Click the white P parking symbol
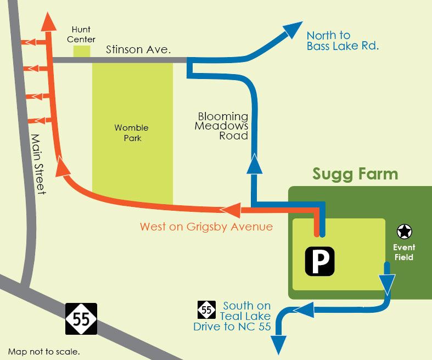319,261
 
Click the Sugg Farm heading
355,175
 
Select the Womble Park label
132,133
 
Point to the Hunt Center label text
81,34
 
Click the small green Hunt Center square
82,51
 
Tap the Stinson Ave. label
138,50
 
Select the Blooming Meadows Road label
223,126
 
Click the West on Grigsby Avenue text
206,227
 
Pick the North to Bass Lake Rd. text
343,41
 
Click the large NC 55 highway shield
81,319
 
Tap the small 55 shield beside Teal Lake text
206,310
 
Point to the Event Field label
403,252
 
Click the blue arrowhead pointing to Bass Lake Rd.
293,30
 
